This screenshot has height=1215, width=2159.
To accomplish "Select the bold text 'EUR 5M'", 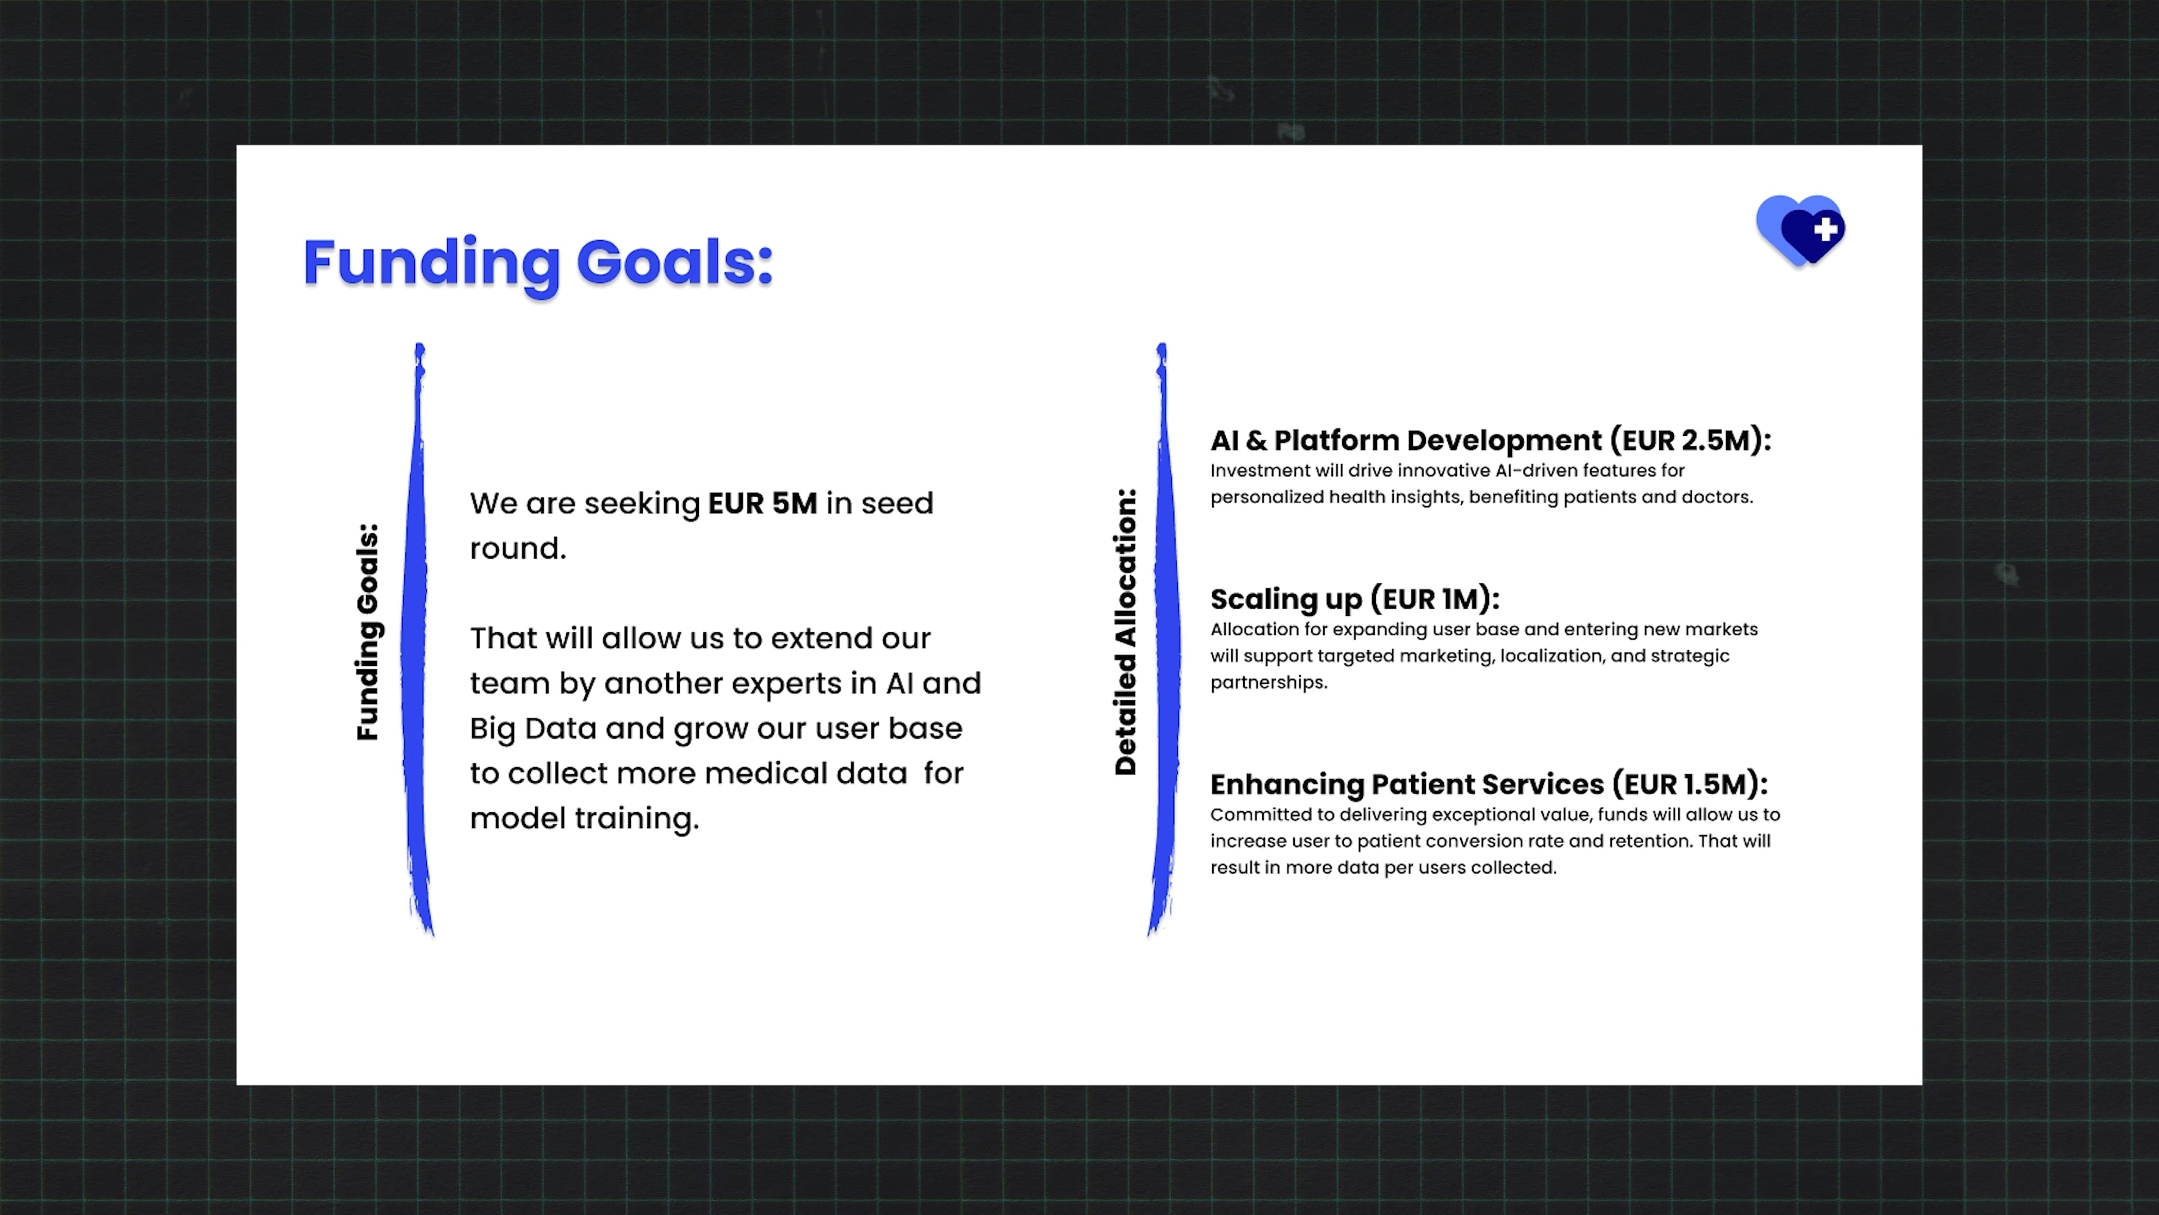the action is [x=762, y=503].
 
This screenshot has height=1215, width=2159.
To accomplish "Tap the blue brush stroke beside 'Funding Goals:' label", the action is [x=417, y=639].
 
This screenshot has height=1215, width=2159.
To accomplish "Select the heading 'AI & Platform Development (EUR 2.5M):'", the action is [x=1490, y=440].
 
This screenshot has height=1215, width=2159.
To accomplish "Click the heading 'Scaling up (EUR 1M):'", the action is [x=1354, y=598].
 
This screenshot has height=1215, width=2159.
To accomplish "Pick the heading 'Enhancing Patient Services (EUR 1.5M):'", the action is [x=1488, y=784].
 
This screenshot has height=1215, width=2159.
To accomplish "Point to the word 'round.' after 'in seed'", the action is [x=518, y=548].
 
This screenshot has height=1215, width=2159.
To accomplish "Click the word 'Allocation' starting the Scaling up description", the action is [x=1254, y=629].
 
